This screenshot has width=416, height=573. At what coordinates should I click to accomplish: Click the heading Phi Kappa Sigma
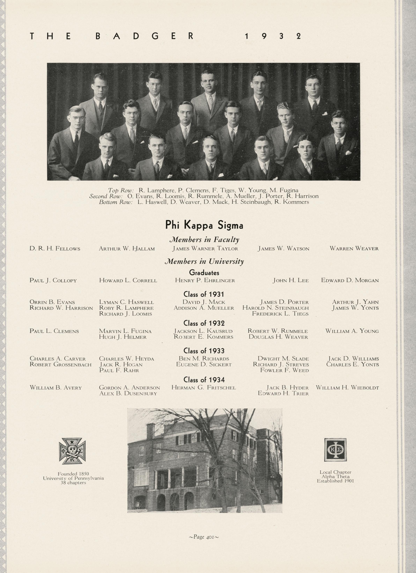204,225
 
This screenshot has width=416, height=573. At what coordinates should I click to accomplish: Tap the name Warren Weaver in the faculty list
354,249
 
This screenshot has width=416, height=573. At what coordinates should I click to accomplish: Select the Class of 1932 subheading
204,323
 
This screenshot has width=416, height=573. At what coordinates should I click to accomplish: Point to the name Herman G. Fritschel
204,388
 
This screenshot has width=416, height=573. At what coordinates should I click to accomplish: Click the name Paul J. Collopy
53,280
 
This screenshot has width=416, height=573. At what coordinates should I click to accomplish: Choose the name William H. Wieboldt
347,388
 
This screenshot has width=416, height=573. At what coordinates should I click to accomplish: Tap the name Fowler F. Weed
284,370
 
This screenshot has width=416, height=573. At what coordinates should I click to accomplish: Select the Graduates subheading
204,273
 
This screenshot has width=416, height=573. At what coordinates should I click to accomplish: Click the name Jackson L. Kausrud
203,331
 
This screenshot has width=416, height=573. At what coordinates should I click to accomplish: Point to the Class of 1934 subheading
204,380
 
